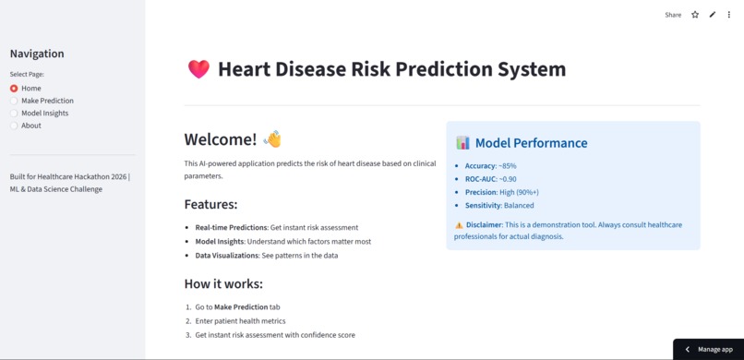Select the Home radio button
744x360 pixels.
14,89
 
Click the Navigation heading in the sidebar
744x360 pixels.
37,54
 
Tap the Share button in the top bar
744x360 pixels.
673,15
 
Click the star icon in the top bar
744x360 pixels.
695,15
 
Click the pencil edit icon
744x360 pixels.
713,15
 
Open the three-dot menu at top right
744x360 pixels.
729,15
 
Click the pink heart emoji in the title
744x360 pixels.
198,69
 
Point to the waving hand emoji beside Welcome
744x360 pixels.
271,139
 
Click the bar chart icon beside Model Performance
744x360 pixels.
462,143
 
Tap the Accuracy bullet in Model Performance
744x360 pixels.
480,166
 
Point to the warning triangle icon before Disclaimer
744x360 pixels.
459,225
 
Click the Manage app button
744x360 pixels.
708,349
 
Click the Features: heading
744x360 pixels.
210,204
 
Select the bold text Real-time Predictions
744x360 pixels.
231,227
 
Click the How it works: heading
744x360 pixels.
223,283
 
